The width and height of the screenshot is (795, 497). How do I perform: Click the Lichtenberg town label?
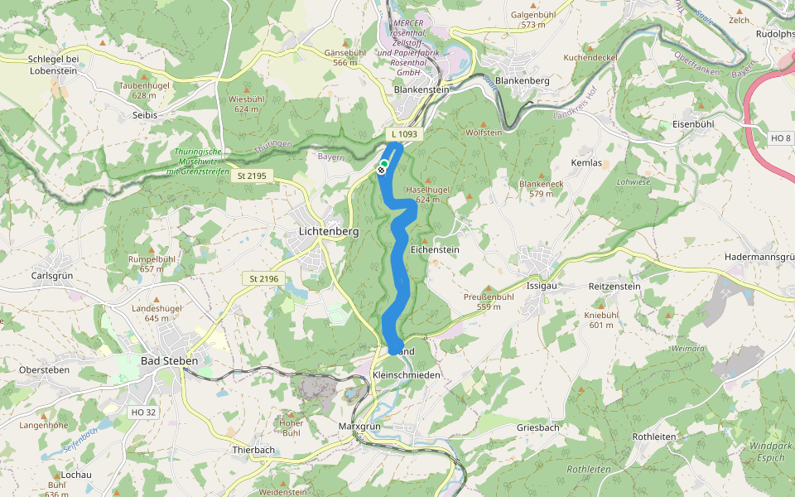[328, 233]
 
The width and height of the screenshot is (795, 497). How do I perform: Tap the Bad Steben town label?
[169, 361]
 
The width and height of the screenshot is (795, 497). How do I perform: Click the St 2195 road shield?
[252, 175]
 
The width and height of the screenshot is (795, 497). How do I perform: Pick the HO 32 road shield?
[143, 412]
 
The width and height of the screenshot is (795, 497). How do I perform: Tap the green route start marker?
[384, 164]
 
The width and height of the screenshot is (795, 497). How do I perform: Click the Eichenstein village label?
[435, 249]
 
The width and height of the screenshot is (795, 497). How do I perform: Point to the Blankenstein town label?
[422, 89]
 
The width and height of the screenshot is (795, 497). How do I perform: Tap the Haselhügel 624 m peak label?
[428, 195]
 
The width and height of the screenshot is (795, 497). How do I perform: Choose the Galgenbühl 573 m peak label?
[533, 20]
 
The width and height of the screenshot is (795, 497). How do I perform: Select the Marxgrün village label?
[359, 426]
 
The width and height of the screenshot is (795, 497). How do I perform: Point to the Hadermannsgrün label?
[759, 258]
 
